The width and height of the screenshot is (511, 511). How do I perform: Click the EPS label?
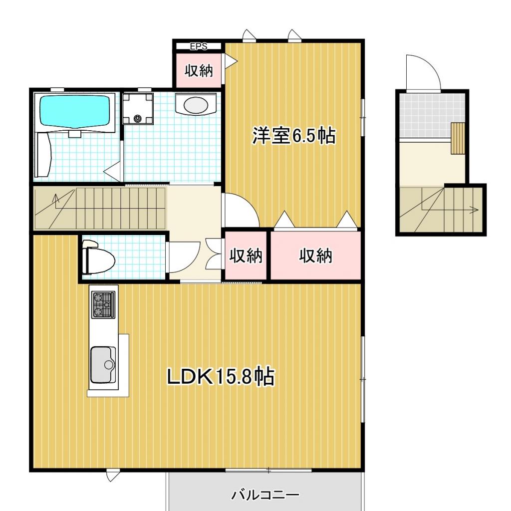click(198, 46)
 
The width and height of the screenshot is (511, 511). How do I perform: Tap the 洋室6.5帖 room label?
click(293, 136)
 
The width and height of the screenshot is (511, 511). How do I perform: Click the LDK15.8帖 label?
click(220, 377)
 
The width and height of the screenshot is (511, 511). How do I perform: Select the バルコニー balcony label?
click(265, 495)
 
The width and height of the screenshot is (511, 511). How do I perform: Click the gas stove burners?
click(103, 304)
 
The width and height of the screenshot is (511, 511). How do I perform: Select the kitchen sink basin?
click(103, 364)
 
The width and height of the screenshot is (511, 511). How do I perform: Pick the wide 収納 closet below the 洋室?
click(315, 256)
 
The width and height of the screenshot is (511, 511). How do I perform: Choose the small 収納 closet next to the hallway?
click(246, 256)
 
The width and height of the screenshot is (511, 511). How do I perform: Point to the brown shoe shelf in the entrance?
click(458, 138)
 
